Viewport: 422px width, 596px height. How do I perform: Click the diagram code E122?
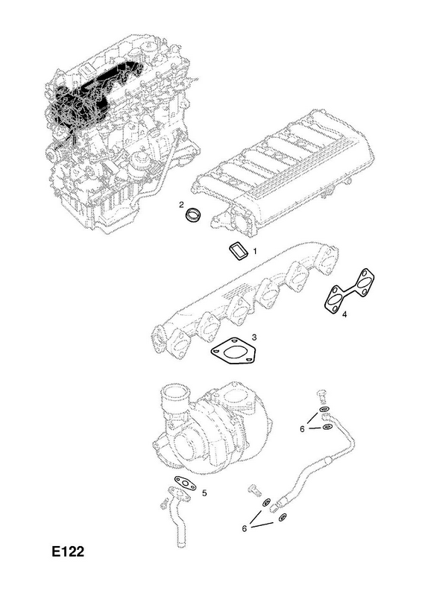pos(68,551)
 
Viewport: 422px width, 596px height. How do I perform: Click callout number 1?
pos(255,251)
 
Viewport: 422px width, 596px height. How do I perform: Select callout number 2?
pos(182,206)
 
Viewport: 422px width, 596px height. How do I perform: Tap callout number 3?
pos(253,337)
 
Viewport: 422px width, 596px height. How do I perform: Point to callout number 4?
pos(344,314)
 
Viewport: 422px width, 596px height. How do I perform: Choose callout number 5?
pos(204,493)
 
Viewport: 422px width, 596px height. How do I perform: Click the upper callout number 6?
pos(302,429)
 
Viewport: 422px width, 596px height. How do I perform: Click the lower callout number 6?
pos(245,528)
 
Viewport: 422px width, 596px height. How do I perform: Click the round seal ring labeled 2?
pos(194,215)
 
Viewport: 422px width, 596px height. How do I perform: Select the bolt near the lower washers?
pos(254,489)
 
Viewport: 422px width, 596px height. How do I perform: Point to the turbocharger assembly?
pos(214,429)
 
